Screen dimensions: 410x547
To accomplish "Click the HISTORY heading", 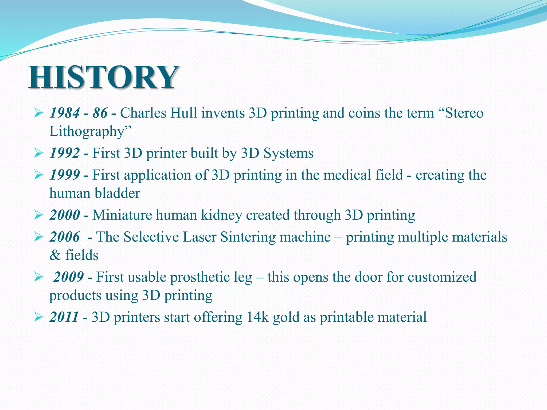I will (x=104, y=77).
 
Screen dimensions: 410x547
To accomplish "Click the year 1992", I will (x=65, y=153).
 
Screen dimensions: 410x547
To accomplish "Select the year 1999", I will (x=65, y=175).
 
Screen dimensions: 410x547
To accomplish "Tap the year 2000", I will (x=65, y=215).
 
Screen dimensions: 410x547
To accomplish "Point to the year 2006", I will (x=65, y=237).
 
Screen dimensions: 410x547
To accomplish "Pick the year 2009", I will (x=68, y=277).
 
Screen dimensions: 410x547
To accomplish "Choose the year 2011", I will (x=64, y=317).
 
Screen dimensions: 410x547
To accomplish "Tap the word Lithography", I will (x=87, y=132).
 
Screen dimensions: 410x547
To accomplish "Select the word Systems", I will (x=288, y=153).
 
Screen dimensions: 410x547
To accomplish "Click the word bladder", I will (x=117, y=193).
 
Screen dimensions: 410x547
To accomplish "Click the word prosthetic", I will (x=200, y=277).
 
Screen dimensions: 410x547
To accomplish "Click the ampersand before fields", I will (x=55, y=255).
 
